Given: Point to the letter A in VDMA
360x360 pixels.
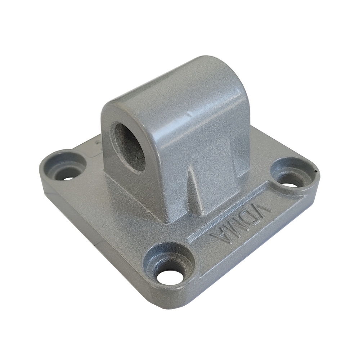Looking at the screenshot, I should (x=220, y=238).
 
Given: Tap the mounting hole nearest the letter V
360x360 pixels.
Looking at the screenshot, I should (x=291, y=180).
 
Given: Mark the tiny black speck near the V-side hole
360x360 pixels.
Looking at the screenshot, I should (x=316, y=172).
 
